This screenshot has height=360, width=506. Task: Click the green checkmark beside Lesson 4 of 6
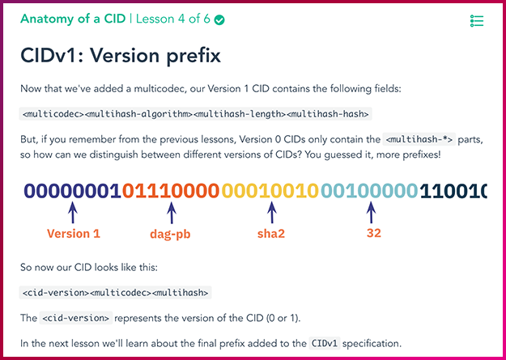[219, 20]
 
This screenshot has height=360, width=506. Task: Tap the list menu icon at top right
[477, 21]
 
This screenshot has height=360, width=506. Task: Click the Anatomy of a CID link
[73, 19]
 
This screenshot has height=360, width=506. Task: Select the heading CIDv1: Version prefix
[121, 56]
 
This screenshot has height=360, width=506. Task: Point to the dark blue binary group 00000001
[73, 191]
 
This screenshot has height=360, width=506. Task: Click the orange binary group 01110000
[171, 191]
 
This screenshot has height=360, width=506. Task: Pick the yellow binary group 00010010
[270, 191]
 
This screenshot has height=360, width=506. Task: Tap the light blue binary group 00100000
[369, 191]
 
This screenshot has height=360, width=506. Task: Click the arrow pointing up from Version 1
[73, 213]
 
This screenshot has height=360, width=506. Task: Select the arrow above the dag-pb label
[172, 213]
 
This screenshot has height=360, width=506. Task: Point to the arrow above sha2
[272, 213]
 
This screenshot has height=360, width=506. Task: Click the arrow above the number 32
[371, 213]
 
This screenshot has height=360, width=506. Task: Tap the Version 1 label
[74, 234]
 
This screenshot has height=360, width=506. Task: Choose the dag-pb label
[170, 234]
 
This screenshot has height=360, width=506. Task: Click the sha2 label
[271, 234]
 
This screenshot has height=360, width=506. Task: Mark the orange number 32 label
[374, 233]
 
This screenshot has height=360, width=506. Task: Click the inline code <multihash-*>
[419, 140]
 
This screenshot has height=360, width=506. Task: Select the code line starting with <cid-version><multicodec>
[116, 293]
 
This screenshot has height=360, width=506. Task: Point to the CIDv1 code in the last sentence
[325, 343]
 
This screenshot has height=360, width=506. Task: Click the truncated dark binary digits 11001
[453, 191]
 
